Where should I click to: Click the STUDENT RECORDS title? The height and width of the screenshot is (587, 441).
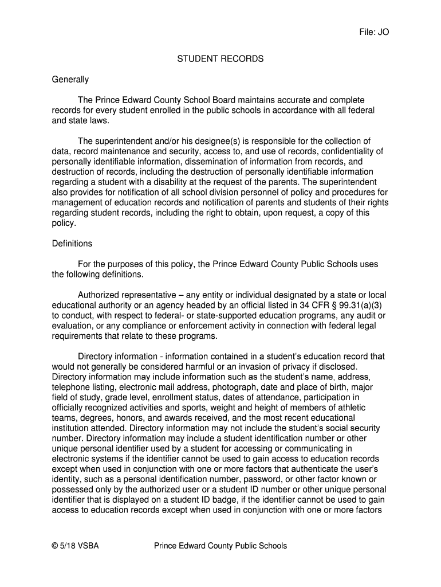(220, 59)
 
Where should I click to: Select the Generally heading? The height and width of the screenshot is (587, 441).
(70, 80)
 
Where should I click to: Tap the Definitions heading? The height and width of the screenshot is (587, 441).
(72, 244)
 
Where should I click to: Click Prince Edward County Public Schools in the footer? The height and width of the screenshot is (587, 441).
(220, 546)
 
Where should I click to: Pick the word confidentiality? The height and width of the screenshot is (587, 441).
(349, 151)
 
